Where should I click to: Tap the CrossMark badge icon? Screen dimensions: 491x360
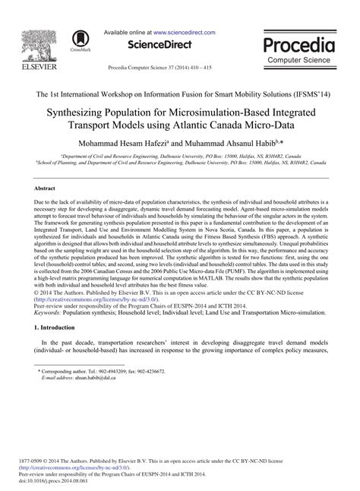click(x=79, y=42)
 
